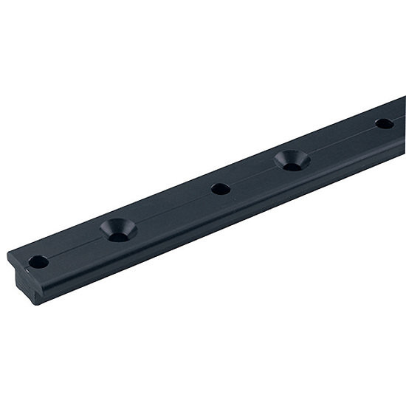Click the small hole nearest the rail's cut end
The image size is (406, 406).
[x=38, y=261]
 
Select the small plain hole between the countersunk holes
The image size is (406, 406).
[x=220, y=188]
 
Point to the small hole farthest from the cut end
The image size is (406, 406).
[x=384, y=123]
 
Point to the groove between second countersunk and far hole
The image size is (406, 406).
[x=340, y=141]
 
